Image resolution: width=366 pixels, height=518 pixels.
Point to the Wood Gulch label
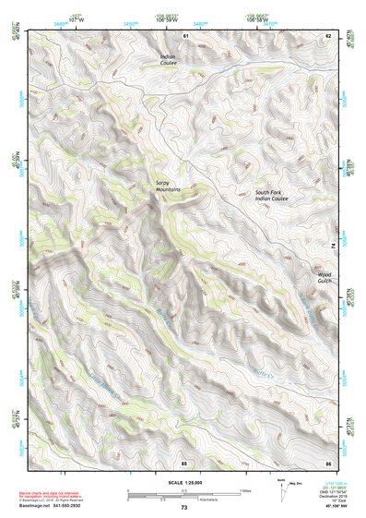tap(324, 276)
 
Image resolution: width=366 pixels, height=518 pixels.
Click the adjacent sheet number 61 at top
tap(184, 35)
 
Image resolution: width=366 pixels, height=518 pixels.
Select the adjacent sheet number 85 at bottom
tap(184, 462)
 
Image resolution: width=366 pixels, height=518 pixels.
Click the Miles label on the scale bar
tap(245, 490)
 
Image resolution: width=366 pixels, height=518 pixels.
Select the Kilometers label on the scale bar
tap(217, 499)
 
